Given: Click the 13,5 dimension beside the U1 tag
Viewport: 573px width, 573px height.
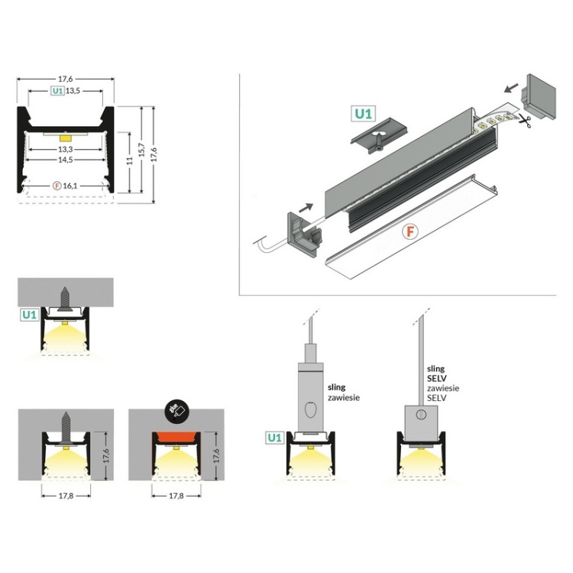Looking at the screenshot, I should [73, 91].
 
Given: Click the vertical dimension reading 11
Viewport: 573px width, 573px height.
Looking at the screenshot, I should [131, 161].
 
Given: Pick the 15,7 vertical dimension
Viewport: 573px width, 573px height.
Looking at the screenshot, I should [141, 150].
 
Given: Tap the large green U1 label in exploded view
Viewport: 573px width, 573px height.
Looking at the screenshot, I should [363, 115].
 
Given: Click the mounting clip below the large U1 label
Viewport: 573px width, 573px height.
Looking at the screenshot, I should [375, 138].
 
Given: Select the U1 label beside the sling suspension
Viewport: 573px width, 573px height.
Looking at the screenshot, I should [274, 439].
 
